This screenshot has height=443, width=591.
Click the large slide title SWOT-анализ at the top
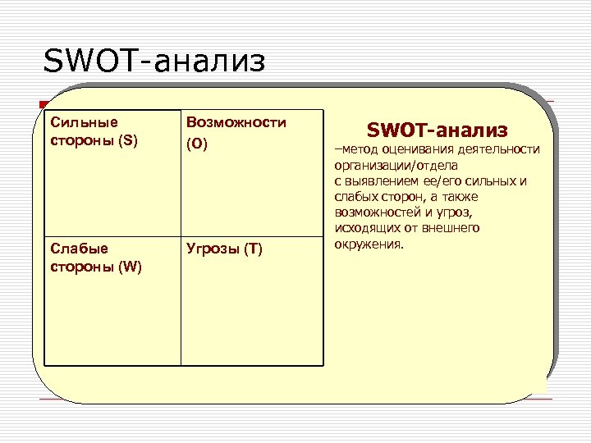coord(155,60)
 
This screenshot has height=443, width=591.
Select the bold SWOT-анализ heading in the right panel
coord(437,130)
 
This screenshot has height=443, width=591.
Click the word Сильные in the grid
coord(78,122)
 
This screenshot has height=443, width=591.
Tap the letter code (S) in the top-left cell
coord(129,139)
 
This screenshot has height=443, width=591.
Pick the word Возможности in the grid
coord(236,122)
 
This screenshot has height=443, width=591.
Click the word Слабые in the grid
coord(74,248)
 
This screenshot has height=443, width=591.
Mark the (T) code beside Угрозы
coord(252,249)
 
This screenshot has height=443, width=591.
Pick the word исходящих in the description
coord(364,227)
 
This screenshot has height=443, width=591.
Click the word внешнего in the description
coord(451,227)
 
